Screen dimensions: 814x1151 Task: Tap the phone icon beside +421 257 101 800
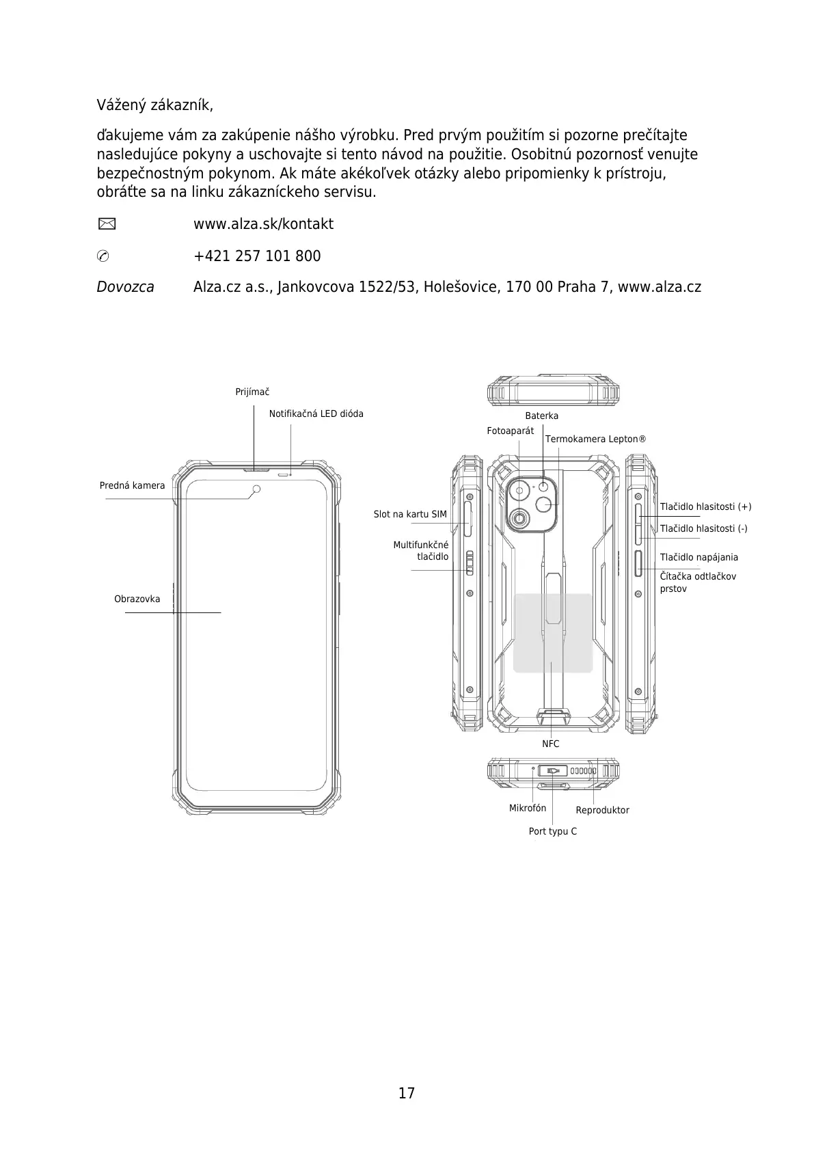point(103,256)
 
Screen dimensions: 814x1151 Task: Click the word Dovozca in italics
point(125,287)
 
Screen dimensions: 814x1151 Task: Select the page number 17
point(407,1093)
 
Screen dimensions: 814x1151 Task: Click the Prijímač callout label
point(252,392)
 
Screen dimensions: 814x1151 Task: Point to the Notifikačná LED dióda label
point(316,414)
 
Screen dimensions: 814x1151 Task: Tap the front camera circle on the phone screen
point(256,489)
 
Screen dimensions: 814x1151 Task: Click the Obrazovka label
point(137,599)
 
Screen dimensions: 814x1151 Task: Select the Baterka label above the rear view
point(541,416)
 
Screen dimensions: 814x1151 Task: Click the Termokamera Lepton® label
point(595,439)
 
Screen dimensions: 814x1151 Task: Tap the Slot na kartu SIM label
point(410,515)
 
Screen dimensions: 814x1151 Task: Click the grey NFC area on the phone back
point(552,633)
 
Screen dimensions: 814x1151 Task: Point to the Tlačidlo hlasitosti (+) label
point(705,507)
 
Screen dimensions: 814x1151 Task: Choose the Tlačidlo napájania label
point(698,558)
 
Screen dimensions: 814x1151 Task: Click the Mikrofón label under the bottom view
point(528,809)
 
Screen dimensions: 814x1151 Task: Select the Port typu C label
point(552,832)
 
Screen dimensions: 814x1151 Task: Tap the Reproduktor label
point(602,811)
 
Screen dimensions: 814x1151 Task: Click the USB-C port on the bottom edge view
point(553,771)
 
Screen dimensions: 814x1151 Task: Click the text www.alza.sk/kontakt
point(263,224)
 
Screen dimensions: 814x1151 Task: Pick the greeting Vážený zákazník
point(155,106)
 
